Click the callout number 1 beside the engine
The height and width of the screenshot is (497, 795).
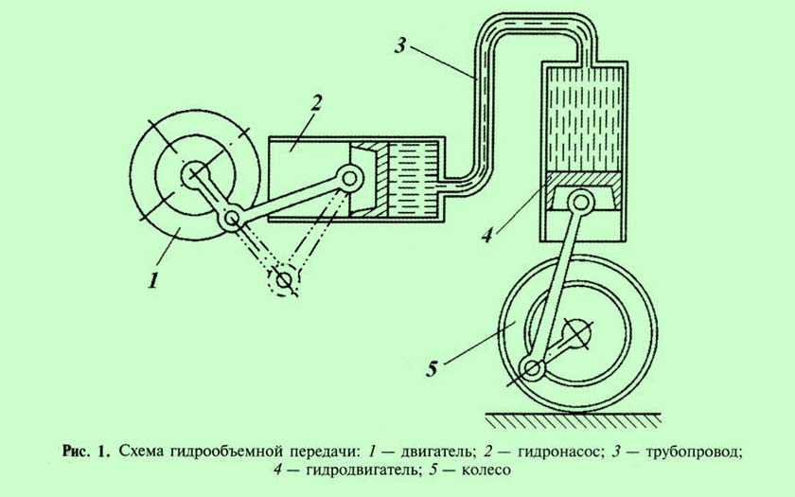(153, 279)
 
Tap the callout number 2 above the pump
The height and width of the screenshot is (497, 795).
(315, 104)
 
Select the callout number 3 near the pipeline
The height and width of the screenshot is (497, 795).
(400, 46)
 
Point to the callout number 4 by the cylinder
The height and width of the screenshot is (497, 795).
(487, 235)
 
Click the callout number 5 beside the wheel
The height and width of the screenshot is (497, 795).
(432, 369)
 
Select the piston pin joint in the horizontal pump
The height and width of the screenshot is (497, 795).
(350, 178)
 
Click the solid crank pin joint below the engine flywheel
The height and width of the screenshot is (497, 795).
(231, 219)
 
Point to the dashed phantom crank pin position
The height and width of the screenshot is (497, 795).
(283, 279)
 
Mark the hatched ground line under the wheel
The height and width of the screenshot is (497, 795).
(574, 419)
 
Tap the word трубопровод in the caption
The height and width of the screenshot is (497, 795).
(693, 451)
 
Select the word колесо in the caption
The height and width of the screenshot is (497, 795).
(486, 470)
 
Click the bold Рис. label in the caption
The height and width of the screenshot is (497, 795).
(75, 451)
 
